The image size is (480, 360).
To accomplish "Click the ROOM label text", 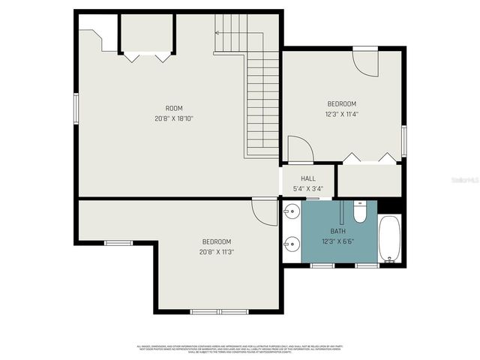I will coord(174,108).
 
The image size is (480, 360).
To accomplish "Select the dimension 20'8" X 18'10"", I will coord(174,118).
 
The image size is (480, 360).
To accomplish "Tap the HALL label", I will coord(308,178).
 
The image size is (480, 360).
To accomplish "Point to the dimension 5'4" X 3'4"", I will coord(308,188).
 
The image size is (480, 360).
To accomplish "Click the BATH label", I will coord(338,231).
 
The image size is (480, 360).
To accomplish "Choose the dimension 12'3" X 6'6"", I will coord(338,241).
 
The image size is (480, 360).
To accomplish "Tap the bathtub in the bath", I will coord(389,238).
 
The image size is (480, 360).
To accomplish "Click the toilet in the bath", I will coord(360,214).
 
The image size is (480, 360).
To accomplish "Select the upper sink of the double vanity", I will coord(290,213).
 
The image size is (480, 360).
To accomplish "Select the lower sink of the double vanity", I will coord(290,243).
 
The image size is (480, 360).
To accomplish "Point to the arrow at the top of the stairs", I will coord(218,33).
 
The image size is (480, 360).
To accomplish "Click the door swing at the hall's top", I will coord(300,149).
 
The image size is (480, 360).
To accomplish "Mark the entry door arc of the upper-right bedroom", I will coord(365,63).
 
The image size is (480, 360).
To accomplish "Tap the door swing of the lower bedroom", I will coord(265,212).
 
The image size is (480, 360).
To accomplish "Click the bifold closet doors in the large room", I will coord(147,55).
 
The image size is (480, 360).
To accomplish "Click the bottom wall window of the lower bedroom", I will coord(208,311).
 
